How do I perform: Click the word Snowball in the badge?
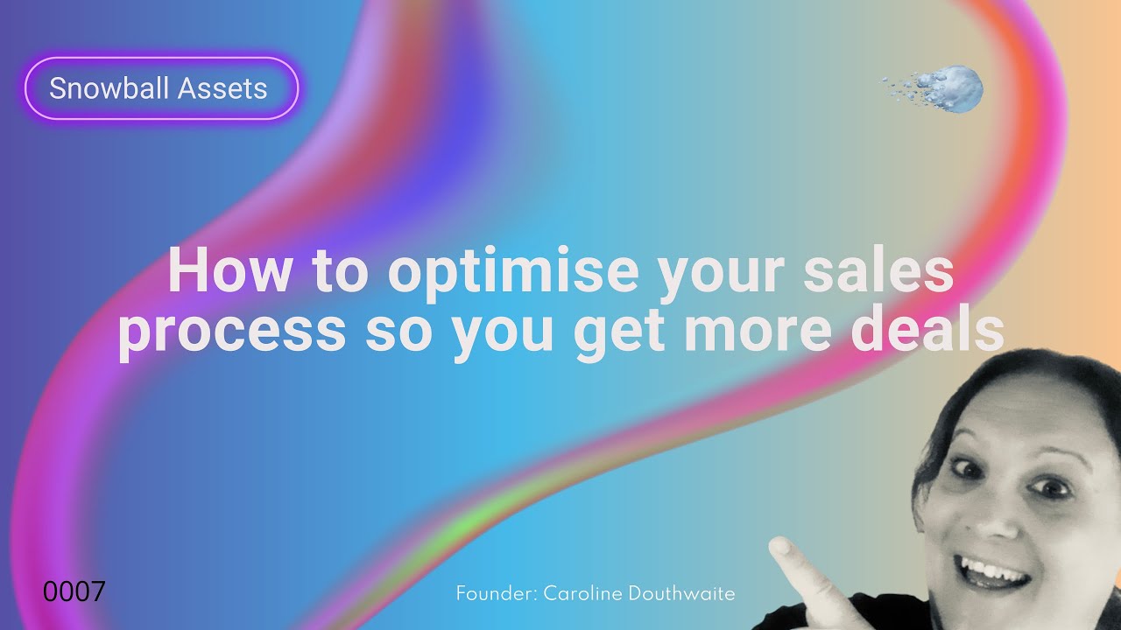pos(111,87)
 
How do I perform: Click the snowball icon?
pos(955,88)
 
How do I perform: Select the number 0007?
pos(74,591)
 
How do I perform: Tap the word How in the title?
pos(228,271)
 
